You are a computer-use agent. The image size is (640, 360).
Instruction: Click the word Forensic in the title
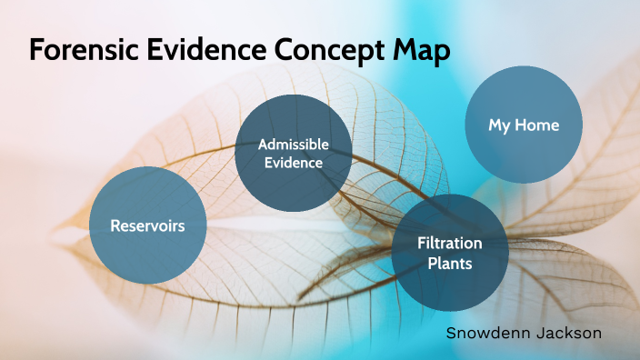click(81, 51)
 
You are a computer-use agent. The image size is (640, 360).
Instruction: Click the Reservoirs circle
click(147, 225)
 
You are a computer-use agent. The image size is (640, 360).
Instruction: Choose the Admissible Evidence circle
click(293, 154)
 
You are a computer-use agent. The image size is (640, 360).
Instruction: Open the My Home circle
click(524, 125)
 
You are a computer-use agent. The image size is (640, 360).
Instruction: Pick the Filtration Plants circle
click(449, 253)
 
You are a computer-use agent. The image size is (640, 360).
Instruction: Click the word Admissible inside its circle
click(293, 145)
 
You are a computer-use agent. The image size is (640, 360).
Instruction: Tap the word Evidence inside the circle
click(293, 164)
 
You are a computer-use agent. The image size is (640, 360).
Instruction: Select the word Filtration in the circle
click(449, 244)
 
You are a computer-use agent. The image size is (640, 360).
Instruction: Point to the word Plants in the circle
click(449, 263)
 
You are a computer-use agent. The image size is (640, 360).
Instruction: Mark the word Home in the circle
click(536, 125)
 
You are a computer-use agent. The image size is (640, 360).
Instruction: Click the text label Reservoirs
click(147, 225)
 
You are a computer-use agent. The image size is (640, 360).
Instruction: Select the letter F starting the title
click(36, 51)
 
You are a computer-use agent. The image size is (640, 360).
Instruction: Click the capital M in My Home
click(495, 125)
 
